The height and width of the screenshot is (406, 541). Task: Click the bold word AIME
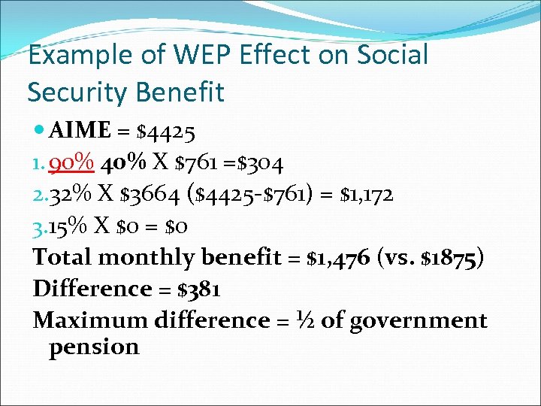[79, 132]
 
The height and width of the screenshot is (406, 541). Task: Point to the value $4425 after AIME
[166, 132]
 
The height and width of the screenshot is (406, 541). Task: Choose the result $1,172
[366, 195]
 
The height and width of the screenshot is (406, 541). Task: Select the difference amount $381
[195, 289]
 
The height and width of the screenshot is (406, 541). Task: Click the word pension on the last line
[94, 347]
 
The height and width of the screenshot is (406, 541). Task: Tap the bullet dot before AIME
[38, 132]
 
